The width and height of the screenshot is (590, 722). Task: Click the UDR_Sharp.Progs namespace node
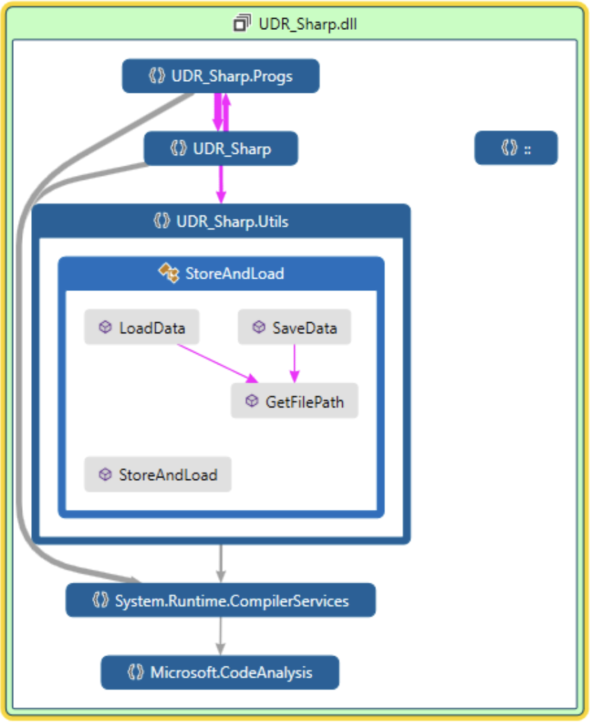(x=220, y=76)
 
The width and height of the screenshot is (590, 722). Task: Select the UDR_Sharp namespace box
(x=220, y=148)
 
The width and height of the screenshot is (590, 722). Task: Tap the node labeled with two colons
(x=516, y=148)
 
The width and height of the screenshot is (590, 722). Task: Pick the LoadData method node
(x=142, y=327)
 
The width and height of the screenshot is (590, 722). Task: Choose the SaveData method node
(x=294, y=327)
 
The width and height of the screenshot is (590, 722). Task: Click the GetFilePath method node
(x=294, y=400)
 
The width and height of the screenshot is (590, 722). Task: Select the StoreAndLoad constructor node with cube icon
(x=158, y=475)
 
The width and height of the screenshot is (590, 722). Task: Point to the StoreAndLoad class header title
(x=234, y=274)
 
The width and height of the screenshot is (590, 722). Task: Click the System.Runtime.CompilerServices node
(x=220, y=600)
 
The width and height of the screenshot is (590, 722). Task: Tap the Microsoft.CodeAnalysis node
(x=220, y=672)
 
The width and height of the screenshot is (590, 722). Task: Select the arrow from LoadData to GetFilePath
(x=215, y=362)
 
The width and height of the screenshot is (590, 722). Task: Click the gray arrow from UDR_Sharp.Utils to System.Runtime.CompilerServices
(x=220, y=563)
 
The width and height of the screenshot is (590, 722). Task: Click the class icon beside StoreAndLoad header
(x=169, y=273)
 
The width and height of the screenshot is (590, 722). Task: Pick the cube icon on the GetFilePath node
(x=251, y=400)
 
